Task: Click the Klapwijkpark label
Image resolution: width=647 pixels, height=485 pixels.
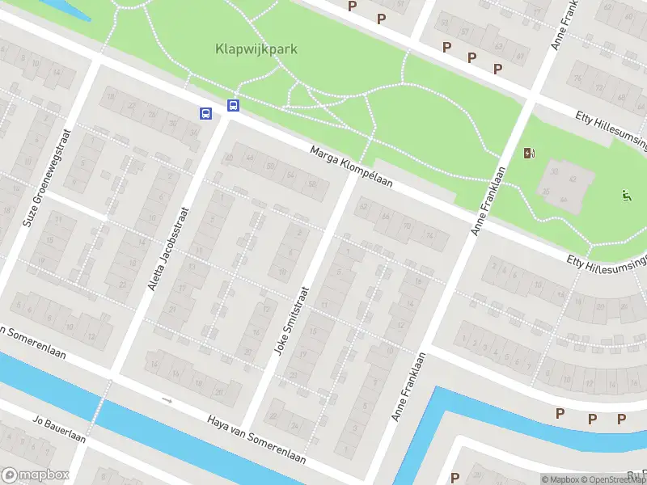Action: point(256,48)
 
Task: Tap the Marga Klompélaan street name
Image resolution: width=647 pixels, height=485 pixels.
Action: point(352,167)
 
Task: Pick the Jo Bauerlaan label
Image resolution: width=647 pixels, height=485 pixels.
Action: point(58,429)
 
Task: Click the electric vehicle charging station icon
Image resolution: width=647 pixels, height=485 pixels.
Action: point(529,153)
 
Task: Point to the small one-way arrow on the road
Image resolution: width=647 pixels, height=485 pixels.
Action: point(167,400)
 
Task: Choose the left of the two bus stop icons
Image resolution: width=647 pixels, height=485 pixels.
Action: point(206,113)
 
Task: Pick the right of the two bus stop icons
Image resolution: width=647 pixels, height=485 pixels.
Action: point(233,105)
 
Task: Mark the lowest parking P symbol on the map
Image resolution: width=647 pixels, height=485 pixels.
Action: point(455,477)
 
